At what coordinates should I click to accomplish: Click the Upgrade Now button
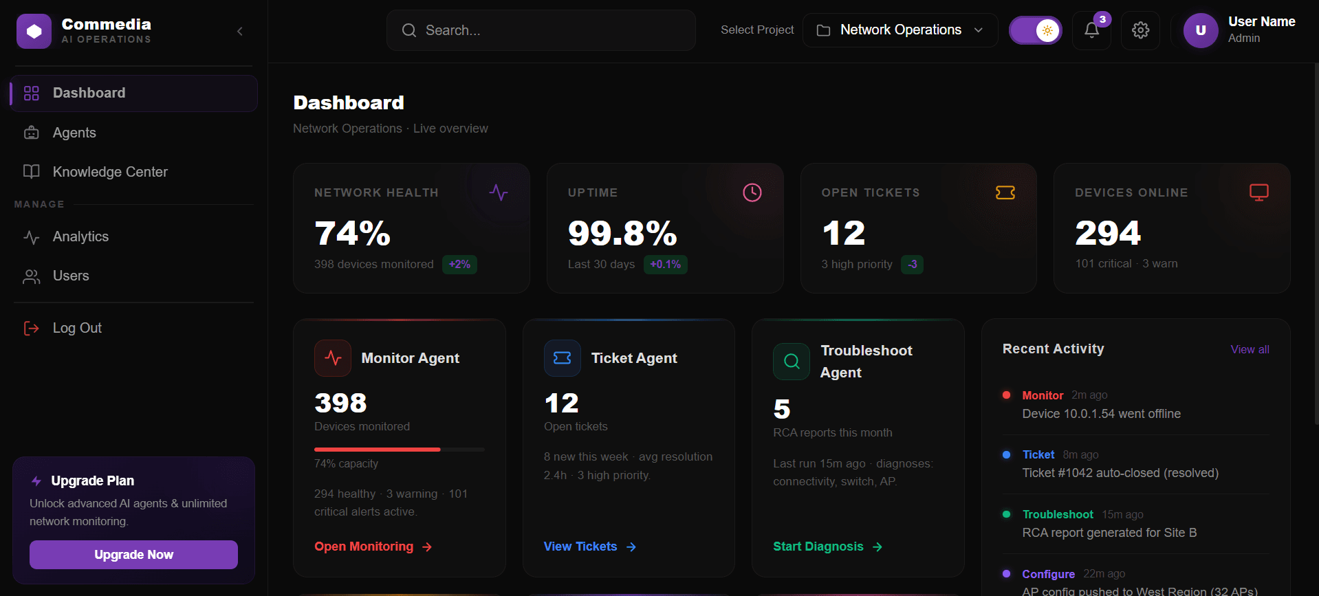(133, 554)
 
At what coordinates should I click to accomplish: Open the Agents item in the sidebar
(74, 133)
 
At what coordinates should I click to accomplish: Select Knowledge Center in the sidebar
(110, 172)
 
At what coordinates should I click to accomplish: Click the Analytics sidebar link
(80, 236)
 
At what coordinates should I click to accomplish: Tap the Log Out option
(77, 328)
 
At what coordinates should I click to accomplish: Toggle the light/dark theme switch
(1035, 30)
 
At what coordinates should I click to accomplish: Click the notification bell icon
(1091, 30)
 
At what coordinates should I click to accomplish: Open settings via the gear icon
(1140, 30)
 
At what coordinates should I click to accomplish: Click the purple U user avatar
(1200, 30)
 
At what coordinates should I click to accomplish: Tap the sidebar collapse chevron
(240, 31)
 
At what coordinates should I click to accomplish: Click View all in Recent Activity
(1250, 349)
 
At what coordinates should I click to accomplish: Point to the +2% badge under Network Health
(459, 264)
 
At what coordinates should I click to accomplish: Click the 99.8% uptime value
(622, 233)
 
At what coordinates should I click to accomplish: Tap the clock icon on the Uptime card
(752, 192)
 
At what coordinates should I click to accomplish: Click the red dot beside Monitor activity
(1006, 395)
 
